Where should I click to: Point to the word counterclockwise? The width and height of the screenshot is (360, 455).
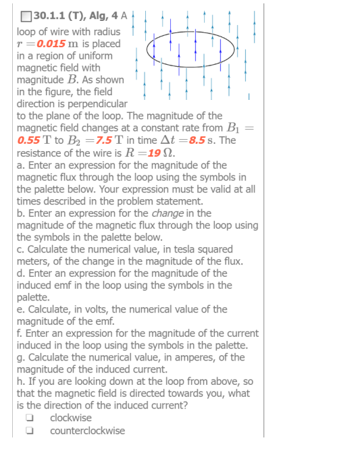click(87, 431)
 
